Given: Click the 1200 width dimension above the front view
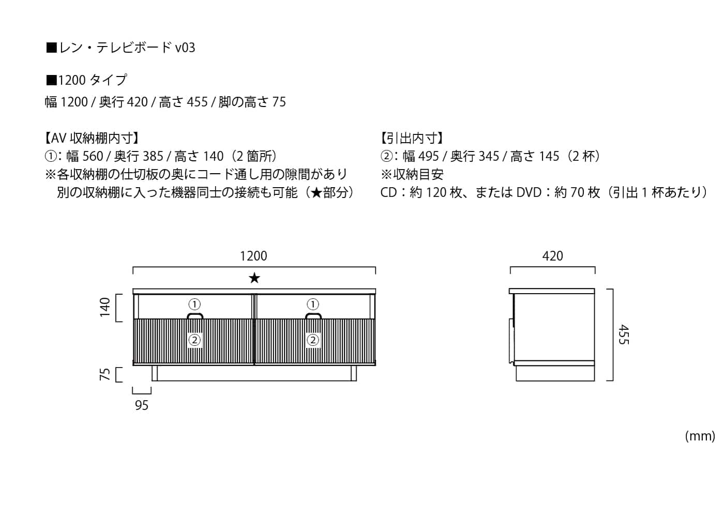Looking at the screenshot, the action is [253, 256].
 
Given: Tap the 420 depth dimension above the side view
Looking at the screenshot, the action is [553, 256].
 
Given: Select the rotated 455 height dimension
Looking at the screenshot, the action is [624, 334].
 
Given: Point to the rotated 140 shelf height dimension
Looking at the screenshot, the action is [105, 307].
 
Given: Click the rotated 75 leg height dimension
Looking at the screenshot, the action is [105, 374].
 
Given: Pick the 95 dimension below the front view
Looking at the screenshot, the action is [142, 405].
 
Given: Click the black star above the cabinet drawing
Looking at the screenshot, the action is [254, 278].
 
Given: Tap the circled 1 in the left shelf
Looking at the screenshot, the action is [194, 304].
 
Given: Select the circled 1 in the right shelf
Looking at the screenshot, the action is [312, 304].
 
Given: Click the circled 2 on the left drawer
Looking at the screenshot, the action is [194, 340].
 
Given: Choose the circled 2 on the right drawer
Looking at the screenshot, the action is [312, 340].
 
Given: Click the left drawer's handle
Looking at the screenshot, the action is [195, 316].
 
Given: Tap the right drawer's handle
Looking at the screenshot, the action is [313, 316].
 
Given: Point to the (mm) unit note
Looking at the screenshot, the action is [700, 436].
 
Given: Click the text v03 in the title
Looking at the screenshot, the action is [185, 48].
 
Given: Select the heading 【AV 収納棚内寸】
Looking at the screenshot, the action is [92, 139].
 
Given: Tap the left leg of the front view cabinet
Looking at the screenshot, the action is [155, 373].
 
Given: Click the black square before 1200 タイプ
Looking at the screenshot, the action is [51, 80].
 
